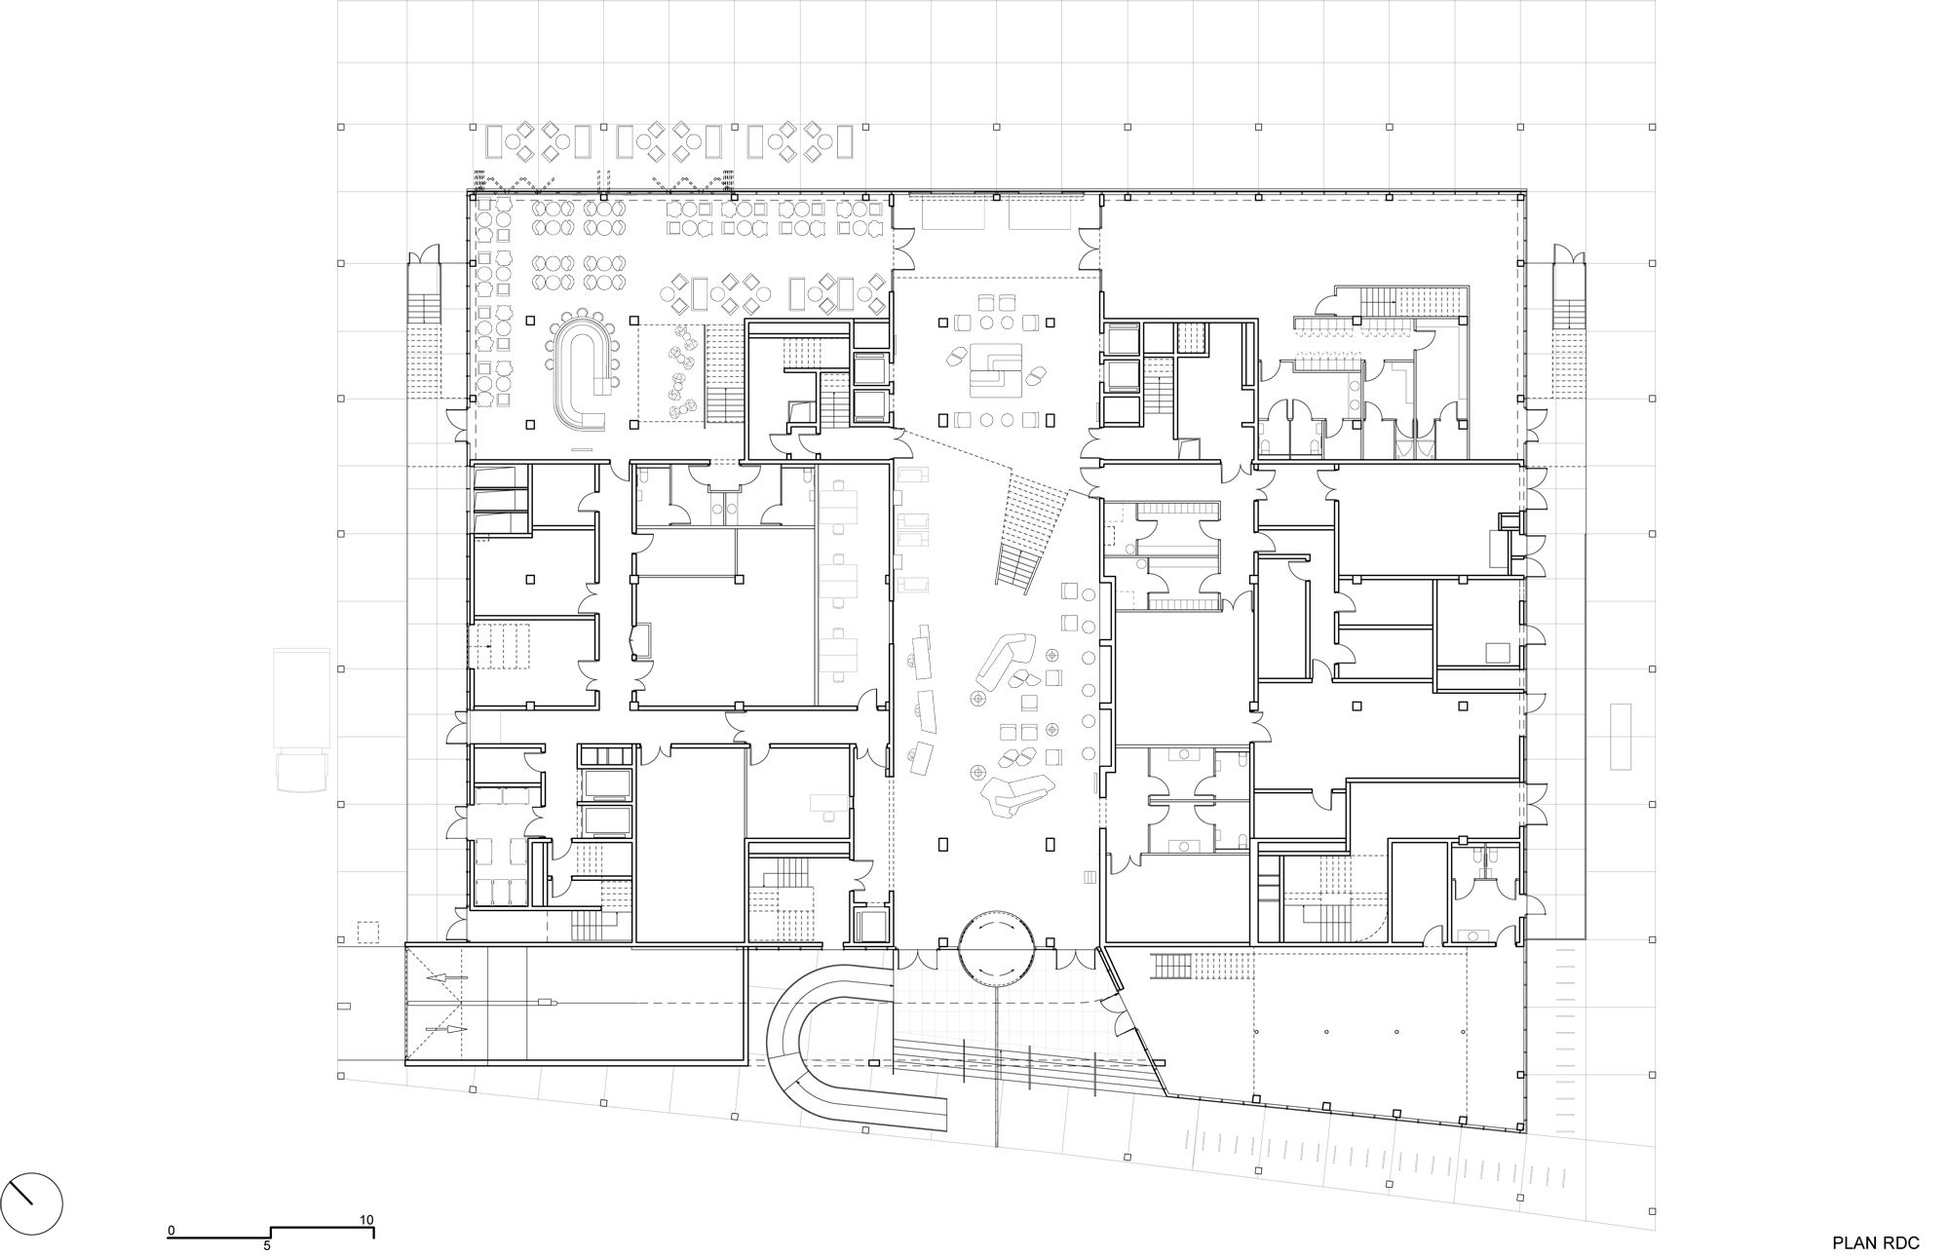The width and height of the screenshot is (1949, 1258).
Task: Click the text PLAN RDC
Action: click(1875, 1215)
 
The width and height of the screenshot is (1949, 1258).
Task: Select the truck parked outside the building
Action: click(302, 721)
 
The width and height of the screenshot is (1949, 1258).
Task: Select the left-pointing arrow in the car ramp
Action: click(447, 977)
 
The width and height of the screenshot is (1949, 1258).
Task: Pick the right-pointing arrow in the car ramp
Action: click(447, 1029)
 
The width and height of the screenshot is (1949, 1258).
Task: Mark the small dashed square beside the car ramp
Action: click(367, 932)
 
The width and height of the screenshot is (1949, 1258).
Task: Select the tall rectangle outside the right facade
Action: click(1621, 736)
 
